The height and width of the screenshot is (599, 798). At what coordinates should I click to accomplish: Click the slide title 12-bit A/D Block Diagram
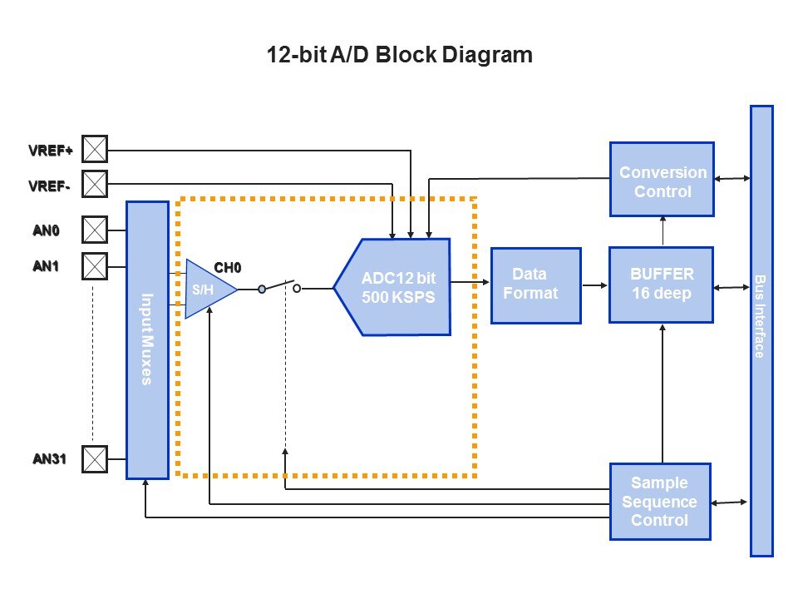coord(399,56)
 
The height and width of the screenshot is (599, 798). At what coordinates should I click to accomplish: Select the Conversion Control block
coord(662,179)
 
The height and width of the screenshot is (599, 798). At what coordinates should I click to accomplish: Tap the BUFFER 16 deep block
coord(662,285)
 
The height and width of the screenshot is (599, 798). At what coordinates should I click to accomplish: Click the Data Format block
coord(535,285)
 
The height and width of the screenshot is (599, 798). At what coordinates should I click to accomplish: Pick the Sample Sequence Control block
coord(660,502)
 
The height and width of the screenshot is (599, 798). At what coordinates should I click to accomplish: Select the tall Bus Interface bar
coord(761,330)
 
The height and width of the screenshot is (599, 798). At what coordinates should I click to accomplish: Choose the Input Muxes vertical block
coord(147,339)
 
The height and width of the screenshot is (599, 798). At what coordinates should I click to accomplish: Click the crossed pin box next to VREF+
coord(96,150)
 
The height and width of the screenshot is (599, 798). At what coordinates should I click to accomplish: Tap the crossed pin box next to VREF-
coord(96,182)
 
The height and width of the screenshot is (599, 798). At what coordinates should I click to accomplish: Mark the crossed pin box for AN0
coord(96,229)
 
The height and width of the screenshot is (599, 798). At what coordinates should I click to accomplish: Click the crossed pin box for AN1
coord(96,266)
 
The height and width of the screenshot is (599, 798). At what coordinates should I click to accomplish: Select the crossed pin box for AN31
coord(96,458)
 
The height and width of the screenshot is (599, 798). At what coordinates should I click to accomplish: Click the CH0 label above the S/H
coord(227,268)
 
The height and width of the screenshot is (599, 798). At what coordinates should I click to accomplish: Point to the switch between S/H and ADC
coord(279,287)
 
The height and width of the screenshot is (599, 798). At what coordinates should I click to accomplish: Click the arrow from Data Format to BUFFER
coord(594,285)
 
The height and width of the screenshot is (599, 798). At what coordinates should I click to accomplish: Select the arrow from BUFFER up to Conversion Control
coord(663,231)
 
